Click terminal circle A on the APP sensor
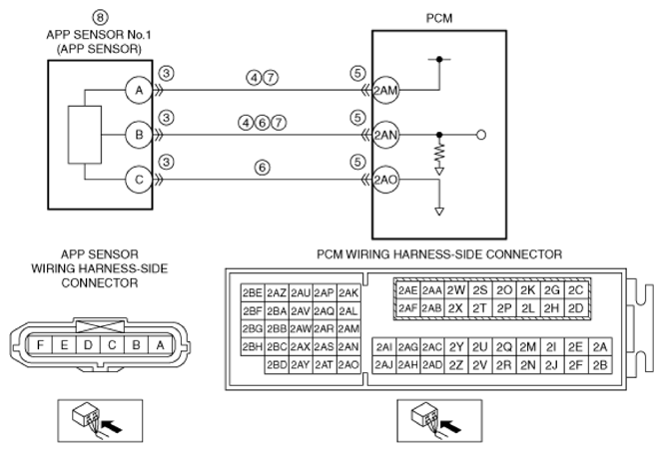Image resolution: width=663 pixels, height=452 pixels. coord(139,90)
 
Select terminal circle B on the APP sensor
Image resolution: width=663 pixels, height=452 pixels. coord(139,135)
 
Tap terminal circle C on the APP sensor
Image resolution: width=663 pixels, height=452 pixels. coord(139,180)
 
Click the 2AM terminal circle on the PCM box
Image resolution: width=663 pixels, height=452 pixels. coord(385,90)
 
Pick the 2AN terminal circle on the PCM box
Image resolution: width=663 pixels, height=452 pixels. coord(385,135)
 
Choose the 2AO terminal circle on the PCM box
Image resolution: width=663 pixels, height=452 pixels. coord(385,180)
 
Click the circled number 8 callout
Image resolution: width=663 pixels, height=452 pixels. coord(100,17)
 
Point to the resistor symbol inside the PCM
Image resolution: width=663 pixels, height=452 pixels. coord(439,154)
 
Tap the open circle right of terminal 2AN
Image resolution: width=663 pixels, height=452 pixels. coord(481,135)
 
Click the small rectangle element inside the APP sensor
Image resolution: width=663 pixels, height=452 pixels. coord(85,135)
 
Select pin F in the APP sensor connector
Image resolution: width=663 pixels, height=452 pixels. coord(40,345)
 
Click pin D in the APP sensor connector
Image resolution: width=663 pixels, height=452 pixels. coord(88,345)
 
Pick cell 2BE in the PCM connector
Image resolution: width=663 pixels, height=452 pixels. coord(253,292)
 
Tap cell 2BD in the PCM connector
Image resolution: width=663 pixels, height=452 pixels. coord(277,364)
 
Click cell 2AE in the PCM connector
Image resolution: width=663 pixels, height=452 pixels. coord(407,290)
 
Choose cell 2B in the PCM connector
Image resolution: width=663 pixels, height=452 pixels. coord(600,364)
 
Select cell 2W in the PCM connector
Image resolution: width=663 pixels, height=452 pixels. coord(455,290)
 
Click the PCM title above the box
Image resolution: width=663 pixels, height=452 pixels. coord(439,19)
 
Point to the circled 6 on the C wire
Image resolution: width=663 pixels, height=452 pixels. coord(263,168)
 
